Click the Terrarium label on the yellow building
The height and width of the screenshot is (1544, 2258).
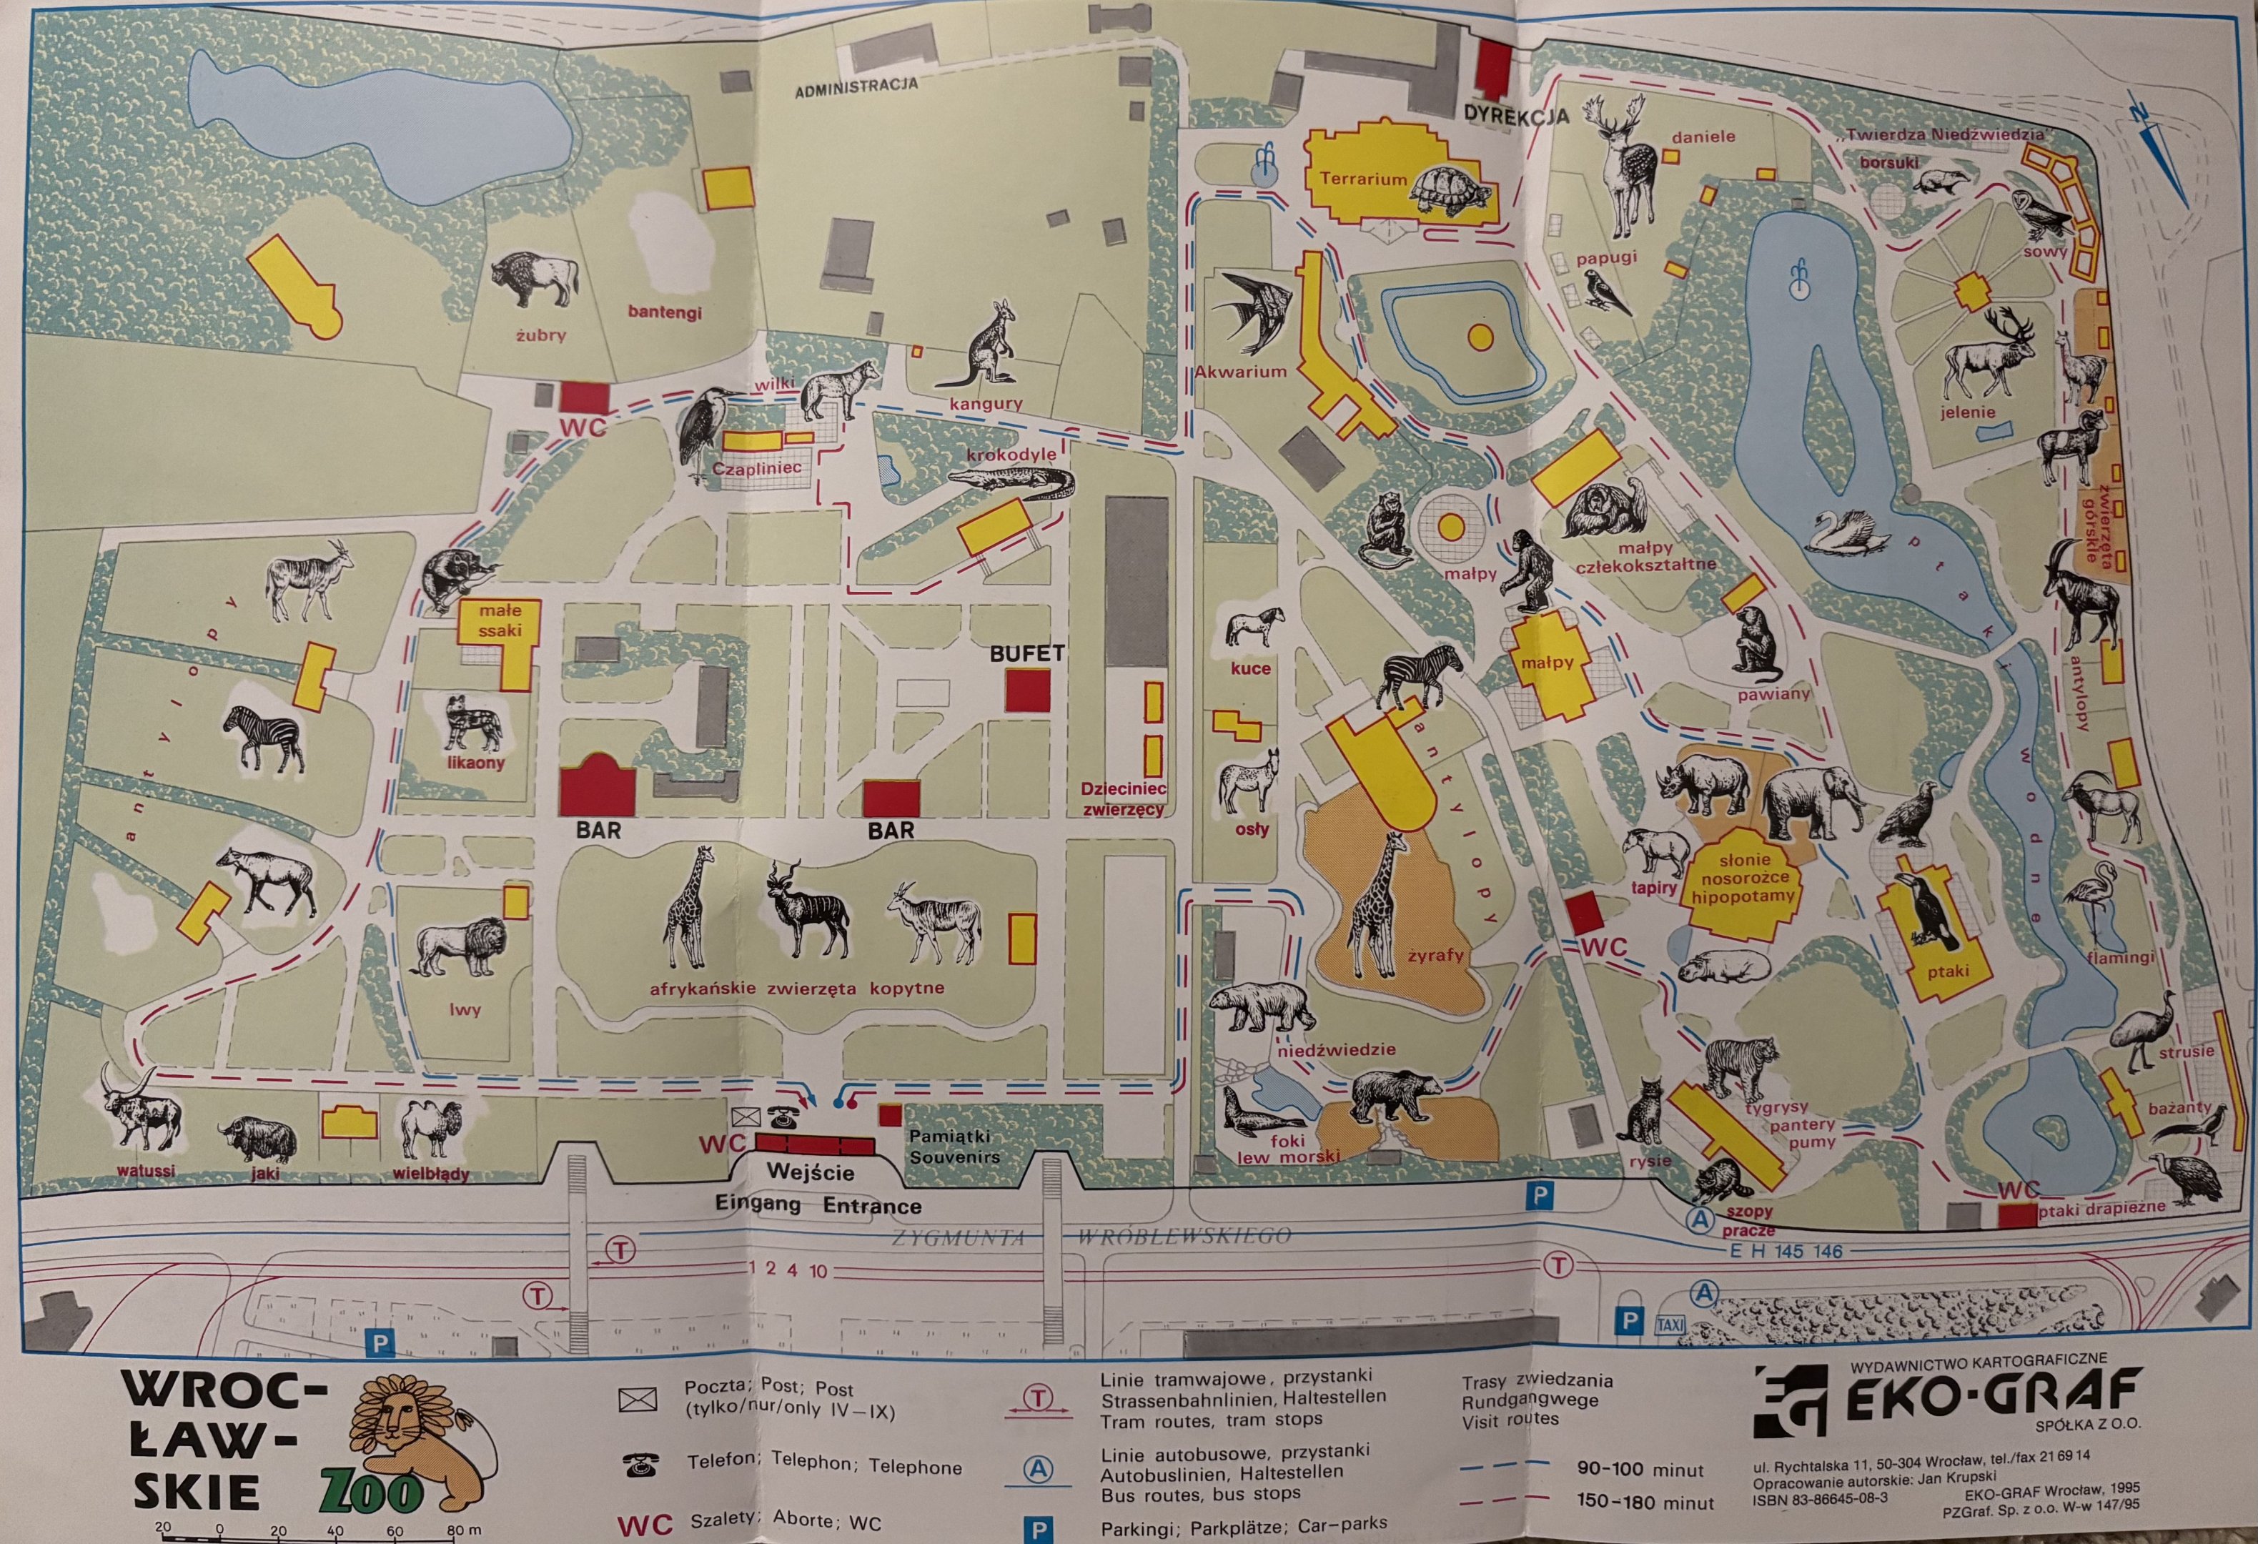point(1362,179)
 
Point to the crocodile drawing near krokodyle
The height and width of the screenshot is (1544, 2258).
point(1011,481)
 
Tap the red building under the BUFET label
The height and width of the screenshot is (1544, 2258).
point(1027,691)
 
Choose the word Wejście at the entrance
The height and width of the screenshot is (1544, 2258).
point(811,1172)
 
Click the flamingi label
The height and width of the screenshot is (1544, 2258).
point(2120,957)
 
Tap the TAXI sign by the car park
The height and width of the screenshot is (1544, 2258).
point(1669,1325)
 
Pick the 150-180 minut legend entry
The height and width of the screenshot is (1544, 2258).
point(1645,1503)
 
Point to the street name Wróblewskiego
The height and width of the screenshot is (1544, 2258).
point(1184,1236)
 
